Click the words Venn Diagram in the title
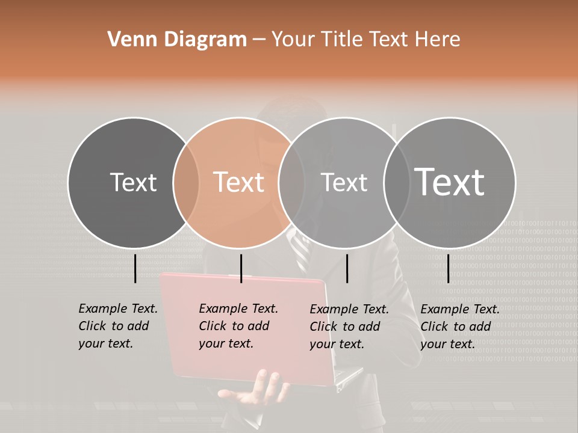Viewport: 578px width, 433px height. (x=177, y=40)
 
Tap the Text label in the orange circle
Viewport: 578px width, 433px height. (x=239, y=182)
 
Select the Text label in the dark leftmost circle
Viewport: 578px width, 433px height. (x=133, y=182)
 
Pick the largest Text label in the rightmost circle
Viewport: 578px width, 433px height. (x=450, y=182)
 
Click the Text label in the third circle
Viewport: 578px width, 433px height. (x=344, y=182)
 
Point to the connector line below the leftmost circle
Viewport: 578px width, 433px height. (x=135, y=268)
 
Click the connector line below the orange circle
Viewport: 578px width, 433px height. (x=241, y=268)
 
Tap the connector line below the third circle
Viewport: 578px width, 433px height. (x=347, y=268)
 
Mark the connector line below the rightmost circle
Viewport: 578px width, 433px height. (x=448, y=268)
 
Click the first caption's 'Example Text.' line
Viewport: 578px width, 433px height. (x=118, y=309)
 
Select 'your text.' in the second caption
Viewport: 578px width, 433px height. (x=226, y=343)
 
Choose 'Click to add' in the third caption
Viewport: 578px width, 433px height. (x=345, y=327)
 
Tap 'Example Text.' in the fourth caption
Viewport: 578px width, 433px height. (x=460, y=309)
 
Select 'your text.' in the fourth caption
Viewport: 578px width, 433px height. (x=447, y=344)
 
